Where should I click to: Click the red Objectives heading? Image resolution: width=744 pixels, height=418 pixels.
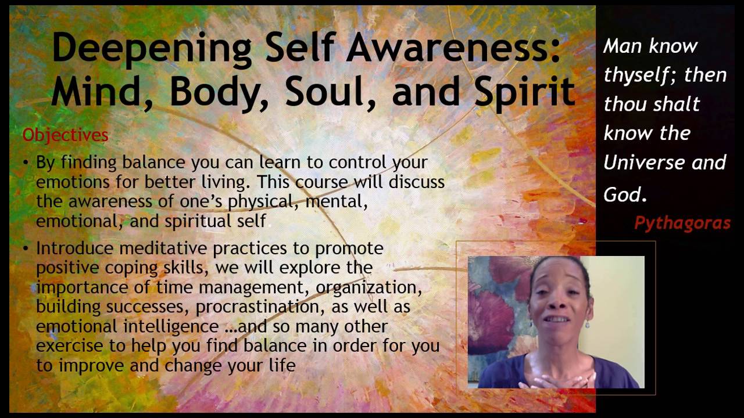coord(66,135)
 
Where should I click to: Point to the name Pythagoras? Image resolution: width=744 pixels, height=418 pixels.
coord(682,223)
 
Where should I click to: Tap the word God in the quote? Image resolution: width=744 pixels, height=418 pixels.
coord(624,195)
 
